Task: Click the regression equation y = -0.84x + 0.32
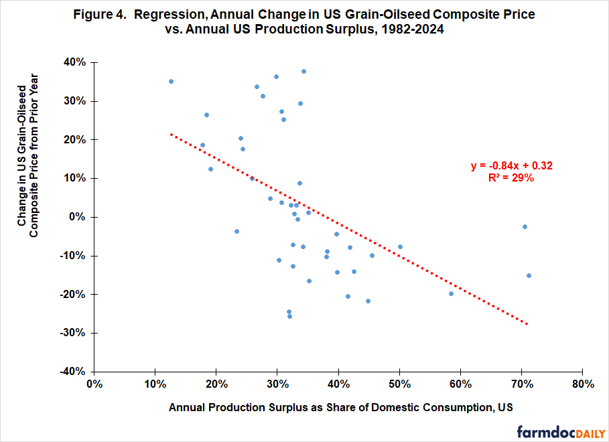512,166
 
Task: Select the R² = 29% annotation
512,178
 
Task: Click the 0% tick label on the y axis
78,217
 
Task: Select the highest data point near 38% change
303,71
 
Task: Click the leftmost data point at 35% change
171,81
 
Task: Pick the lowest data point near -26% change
289,316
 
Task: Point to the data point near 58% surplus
451,293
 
